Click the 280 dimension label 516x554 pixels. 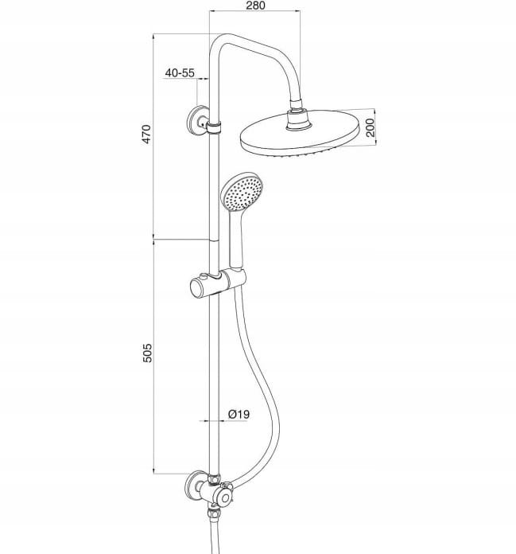pyautogui.click(x=254, y=6)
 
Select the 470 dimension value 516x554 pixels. pyautogui.click(x=146, y=134)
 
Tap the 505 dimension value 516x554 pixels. pyautogui.click(x=147, y=353)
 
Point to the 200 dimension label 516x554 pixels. pyautogui.click(x=370, y=127)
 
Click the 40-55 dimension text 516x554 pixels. pyautogui.click(x=180, y=72)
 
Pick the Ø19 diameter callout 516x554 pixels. pyautogui.click(x=239, y=414)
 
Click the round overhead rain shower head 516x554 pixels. pyautogui.click(x=299, y=134)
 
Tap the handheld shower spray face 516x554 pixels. pyautogui.click(x=241, y=193)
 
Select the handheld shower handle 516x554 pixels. pyautogui.click(x=236, y=240)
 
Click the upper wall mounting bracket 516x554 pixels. pyautogui.click(x=197, y=121)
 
